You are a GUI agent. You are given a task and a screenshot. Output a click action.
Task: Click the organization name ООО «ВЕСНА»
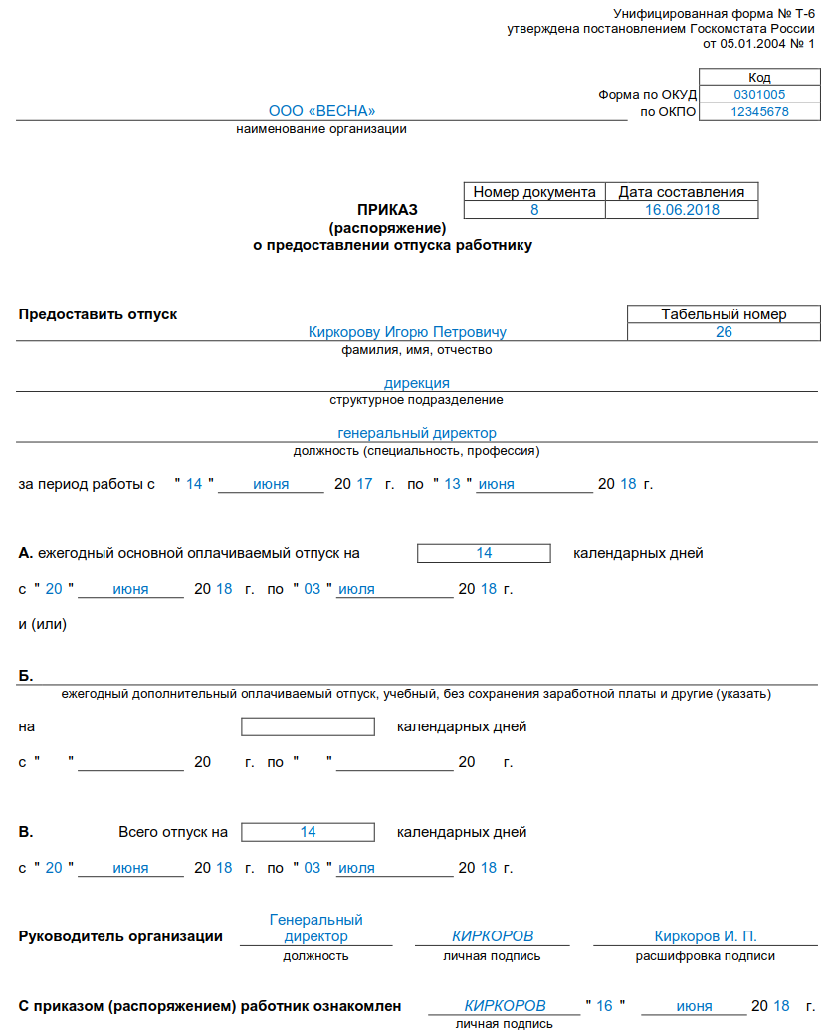coord(321,111)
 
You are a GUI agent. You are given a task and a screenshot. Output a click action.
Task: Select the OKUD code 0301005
coord(759,95)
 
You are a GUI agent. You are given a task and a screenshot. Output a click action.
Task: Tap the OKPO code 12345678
coord(759,112)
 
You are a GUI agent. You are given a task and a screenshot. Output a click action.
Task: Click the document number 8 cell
coord(534,210)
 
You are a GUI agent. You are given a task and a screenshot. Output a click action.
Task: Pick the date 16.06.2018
coord(682,210)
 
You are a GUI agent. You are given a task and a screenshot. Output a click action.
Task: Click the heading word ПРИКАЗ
coord(388,210)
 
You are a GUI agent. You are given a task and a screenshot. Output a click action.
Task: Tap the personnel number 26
coord(724,332)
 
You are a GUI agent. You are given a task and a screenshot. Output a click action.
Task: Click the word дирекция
coord(417,383)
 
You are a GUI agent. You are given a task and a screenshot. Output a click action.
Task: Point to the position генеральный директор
coord(417,433)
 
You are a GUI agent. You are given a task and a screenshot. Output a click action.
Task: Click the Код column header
coord(759,77)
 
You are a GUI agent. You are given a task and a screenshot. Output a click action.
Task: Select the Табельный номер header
coord(724,314)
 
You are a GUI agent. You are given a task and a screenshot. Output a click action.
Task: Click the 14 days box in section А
coord(484,553)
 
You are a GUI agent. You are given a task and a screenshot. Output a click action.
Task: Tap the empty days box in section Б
coord(309,726)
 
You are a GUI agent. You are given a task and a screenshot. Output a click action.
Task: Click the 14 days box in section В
coord(309,832)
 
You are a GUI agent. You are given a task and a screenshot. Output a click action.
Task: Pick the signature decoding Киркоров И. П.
coord(706,936)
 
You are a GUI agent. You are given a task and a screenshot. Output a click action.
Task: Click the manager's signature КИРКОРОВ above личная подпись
coord(493,936)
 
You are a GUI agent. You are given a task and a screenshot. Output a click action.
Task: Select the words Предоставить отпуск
coord(98,314)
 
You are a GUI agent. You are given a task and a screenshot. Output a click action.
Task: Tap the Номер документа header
coord(534,192)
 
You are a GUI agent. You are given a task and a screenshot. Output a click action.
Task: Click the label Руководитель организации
coord(120,936)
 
